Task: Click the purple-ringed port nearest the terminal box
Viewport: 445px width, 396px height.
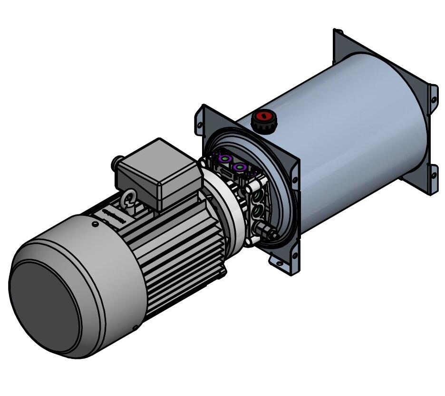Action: click(x=223, y=158)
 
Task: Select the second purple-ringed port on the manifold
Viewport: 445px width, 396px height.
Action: click(x=239, y=167)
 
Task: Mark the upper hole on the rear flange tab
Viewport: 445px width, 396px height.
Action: click(x=433, y=99)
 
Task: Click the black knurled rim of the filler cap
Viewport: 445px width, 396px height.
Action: click(x=261, y=126)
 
